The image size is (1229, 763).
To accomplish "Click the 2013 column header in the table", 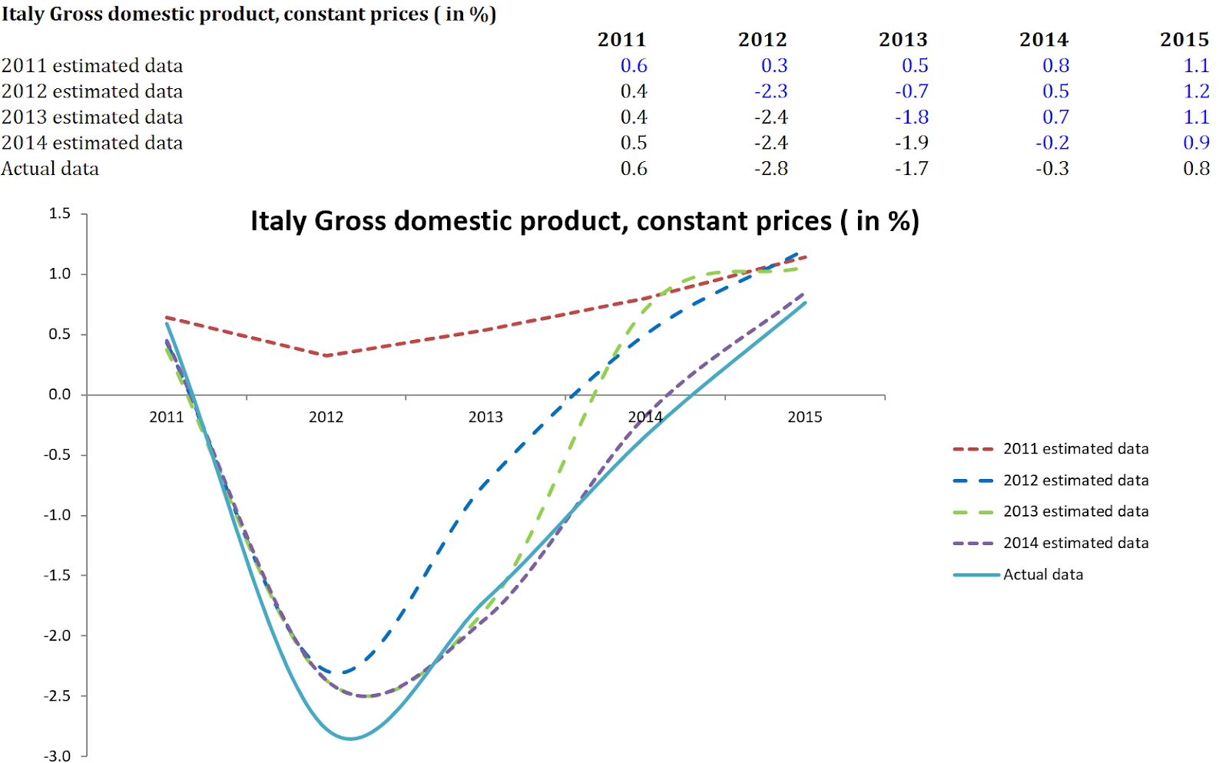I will click(903, 40).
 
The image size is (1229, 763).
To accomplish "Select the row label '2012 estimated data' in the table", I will click(92, 91).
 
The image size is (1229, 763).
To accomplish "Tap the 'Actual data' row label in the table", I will click(50, 169).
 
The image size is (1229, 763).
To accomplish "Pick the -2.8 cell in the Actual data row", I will click(771, 169).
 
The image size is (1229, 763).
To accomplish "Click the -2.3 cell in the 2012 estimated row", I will click(771, 91).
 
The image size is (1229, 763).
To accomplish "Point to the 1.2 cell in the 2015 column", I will click(1196, 91).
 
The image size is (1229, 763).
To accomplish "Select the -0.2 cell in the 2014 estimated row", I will click(1052, 143).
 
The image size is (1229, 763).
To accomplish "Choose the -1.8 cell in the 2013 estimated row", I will click(912, 117).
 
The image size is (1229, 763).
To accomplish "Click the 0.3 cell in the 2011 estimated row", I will click(774, 66).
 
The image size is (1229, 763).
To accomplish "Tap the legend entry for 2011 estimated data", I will click(1075, 449).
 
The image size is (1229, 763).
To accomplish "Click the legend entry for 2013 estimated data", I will click(1075, 511).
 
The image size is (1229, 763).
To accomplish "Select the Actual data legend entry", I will click(1042, 575).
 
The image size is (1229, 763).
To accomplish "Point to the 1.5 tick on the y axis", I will click(60, 213).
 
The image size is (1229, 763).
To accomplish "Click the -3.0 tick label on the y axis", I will click(57, 755).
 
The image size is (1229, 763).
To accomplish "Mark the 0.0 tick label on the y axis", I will click(60, 395).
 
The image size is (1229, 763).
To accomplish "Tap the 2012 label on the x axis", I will click(326, 417).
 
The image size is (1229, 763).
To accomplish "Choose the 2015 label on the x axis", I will click(804, 417).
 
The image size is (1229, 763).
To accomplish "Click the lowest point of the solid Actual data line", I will click(350, 738).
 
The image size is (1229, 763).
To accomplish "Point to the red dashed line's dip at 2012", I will click(326, 355).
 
